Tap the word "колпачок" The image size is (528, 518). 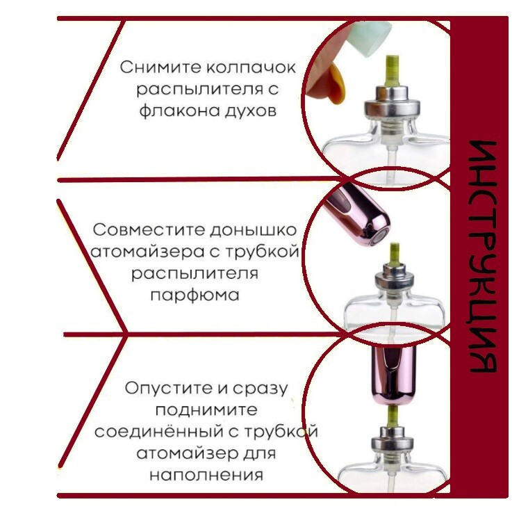251,67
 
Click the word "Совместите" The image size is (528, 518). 149,230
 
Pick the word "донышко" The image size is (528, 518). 253,231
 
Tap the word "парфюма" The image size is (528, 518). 195,296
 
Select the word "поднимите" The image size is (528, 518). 206,410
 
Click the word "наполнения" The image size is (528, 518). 206,475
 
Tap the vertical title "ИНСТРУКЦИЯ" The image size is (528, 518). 482,257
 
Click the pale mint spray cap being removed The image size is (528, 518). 370,38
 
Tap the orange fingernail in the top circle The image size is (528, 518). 337,84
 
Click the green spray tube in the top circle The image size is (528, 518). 393,70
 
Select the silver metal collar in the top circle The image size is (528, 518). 392,103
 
